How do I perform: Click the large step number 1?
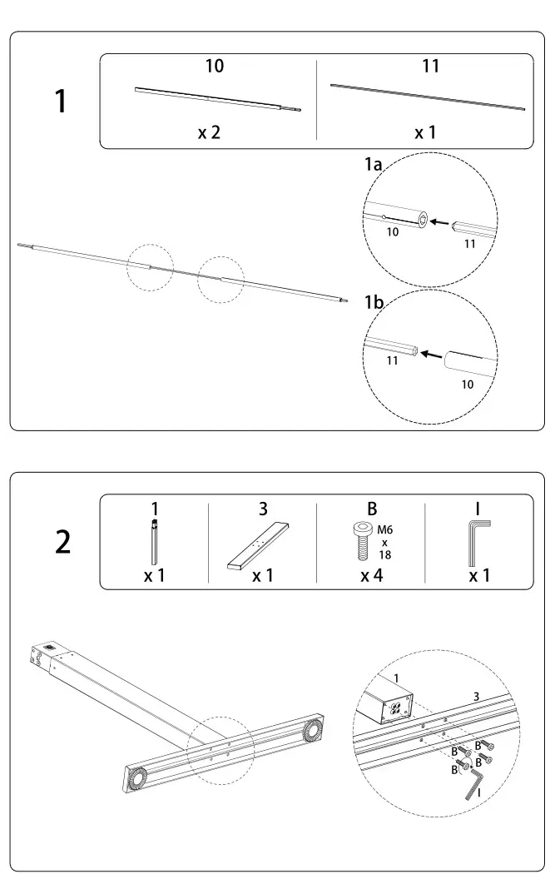pyautogui.click(x=59, y=102)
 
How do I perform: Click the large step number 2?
pyautogui.click(x=62, y=542)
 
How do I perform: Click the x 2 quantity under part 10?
pyautogui.click(x=209, y=132)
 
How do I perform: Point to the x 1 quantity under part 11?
pyautogui.click(x=425, y=132)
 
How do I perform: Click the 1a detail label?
pyautogui.click(x=374, y=166)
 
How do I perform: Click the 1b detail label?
pyautogui.click(x=374, y=302)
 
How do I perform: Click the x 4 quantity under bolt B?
pyautogui.click(x=371, y=575)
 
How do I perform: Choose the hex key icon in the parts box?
pyautogui.click(x=478, y=541)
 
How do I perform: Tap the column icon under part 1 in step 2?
pyautogui.click(x=154, y=542)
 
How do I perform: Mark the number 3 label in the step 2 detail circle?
pyautogui.click(x=476, y=696)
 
